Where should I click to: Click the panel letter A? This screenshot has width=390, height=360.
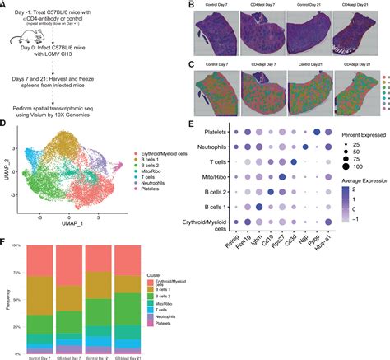tap(5, 6)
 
